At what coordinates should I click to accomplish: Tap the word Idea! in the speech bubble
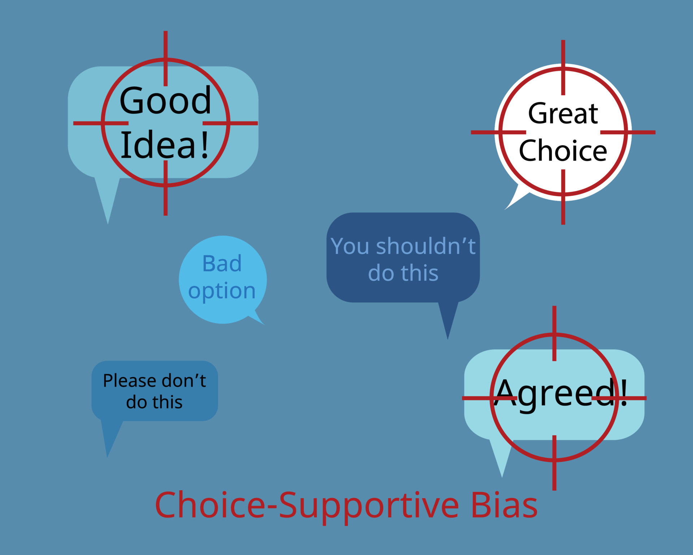click(164, 145)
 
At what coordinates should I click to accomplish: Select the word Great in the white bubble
click(563, 114)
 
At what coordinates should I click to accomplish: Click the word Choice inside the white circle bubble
click(563, 151)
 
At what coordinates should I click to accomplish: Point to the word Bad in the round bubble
click(222, 263)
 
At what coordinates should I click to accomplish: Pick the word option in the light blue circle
click(222, 291)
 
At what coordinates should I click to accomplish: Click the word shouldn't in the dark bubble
click(426, 246)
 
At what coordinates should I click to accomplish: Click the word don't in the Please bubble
click(184, 381)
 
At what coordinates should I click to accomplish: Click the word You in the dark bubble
click(350, 246)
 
